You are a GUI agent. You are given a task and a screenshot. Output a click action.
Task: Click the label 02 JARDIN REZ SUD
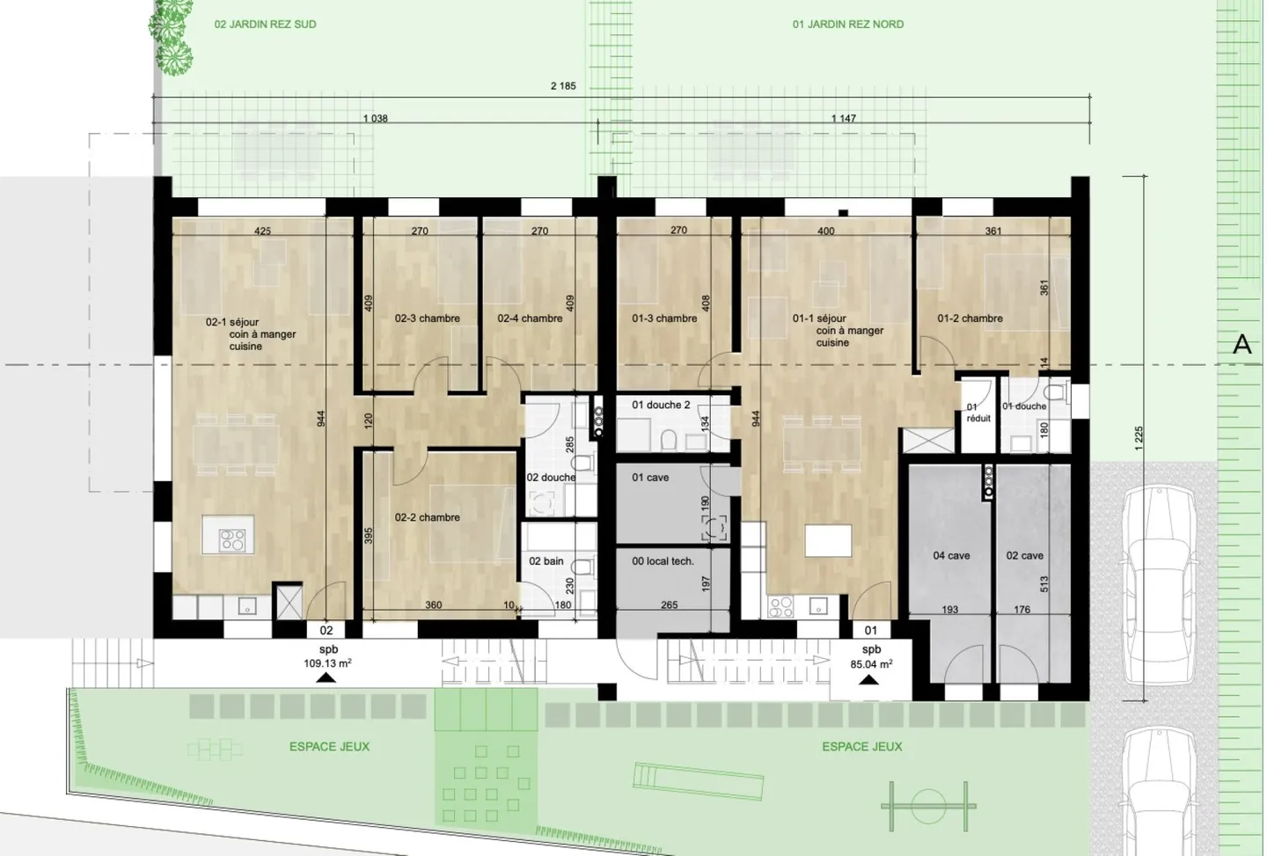pyautogui.click(x=265, y=25)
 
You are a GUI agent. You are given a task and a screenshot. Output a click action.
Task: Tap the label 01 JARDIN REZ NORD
pyautogui.click(x=847, y=25)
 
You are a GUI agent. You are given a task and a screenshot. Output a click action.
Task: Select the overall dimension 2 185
pyautogui.click(x=563, y=86)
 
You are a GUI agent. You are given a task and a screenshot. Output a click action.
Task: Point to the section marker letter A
pyautogui.click(x=1241, y=344)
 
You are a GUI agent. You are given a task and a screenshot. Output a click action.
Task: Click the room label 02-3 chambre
pyautogui.click(x=427, y=318)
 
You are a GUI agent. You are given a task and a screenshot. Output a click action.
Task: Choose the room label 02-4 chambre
pyautogui.click(x=530, y=318)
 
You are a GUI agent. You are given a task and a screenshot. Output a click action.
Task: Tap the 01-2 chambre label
pyautogui.click(x=970, y=318)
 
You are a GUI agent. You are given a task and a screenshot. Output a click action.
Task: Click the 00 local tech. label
pyautogui.click(x=663, y=561)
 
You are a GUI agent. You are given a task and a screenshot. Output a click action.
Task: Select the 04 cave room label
pyautogui.click(x=951, y=556)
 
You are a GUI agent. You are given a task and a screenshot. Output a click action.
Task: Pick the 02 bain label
pyautogui.click(x=546, y=561)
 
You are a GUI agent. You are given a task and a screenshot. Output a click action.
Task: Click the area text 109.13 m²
pyautogui.click(x=327, y=664)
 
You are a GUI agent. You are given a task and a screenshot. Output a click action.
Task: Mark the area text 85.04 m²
pyautogui.click(x=871, y=665)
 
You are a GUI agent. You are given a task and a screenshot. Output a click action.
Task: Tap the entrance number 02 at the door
pyautogui.click(x=326, y=631)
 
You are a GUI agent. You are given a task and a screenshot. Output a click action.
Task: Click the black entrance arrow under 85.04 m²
pyautogui.click(x=868, y=679)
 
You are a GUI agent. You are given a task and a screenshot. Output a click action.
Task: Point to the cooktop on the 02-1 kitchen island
pyautogui.click(x=232, y=539)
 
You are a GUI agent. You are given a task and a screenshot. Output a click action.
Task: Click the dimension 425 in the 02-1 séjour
pyautogui.click(x=262, y=231)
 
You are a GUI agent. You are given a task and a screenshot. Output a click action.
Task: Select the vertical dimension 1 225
pyautogui.click(x=1139, y=438)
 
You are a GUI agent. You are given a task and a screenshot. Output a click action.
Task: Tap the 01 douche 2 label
pyautogui.click(x=661, y=406)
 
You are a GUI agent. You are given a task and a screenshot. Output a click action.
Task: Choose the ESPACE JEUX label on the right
pyautogui.click(x=861, y=747)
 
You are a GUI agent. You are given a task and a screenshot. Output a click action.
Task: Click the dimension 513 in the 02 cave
pyautogui.click(x=1044, y=584)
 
